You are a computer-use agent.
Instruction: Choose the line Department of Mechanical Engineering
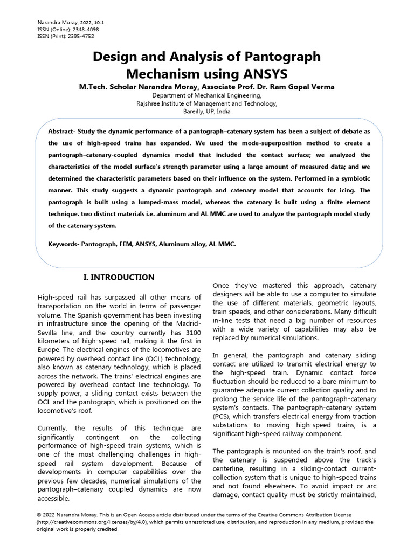tap(207, 95)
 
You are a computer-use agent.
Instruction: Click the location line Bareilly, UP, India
tap(207, 112)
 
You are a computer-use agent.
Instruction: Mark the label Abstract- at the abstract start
tap(64, 132)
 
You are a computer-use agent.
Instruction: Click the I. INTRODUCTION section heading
tap(119, 278)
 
